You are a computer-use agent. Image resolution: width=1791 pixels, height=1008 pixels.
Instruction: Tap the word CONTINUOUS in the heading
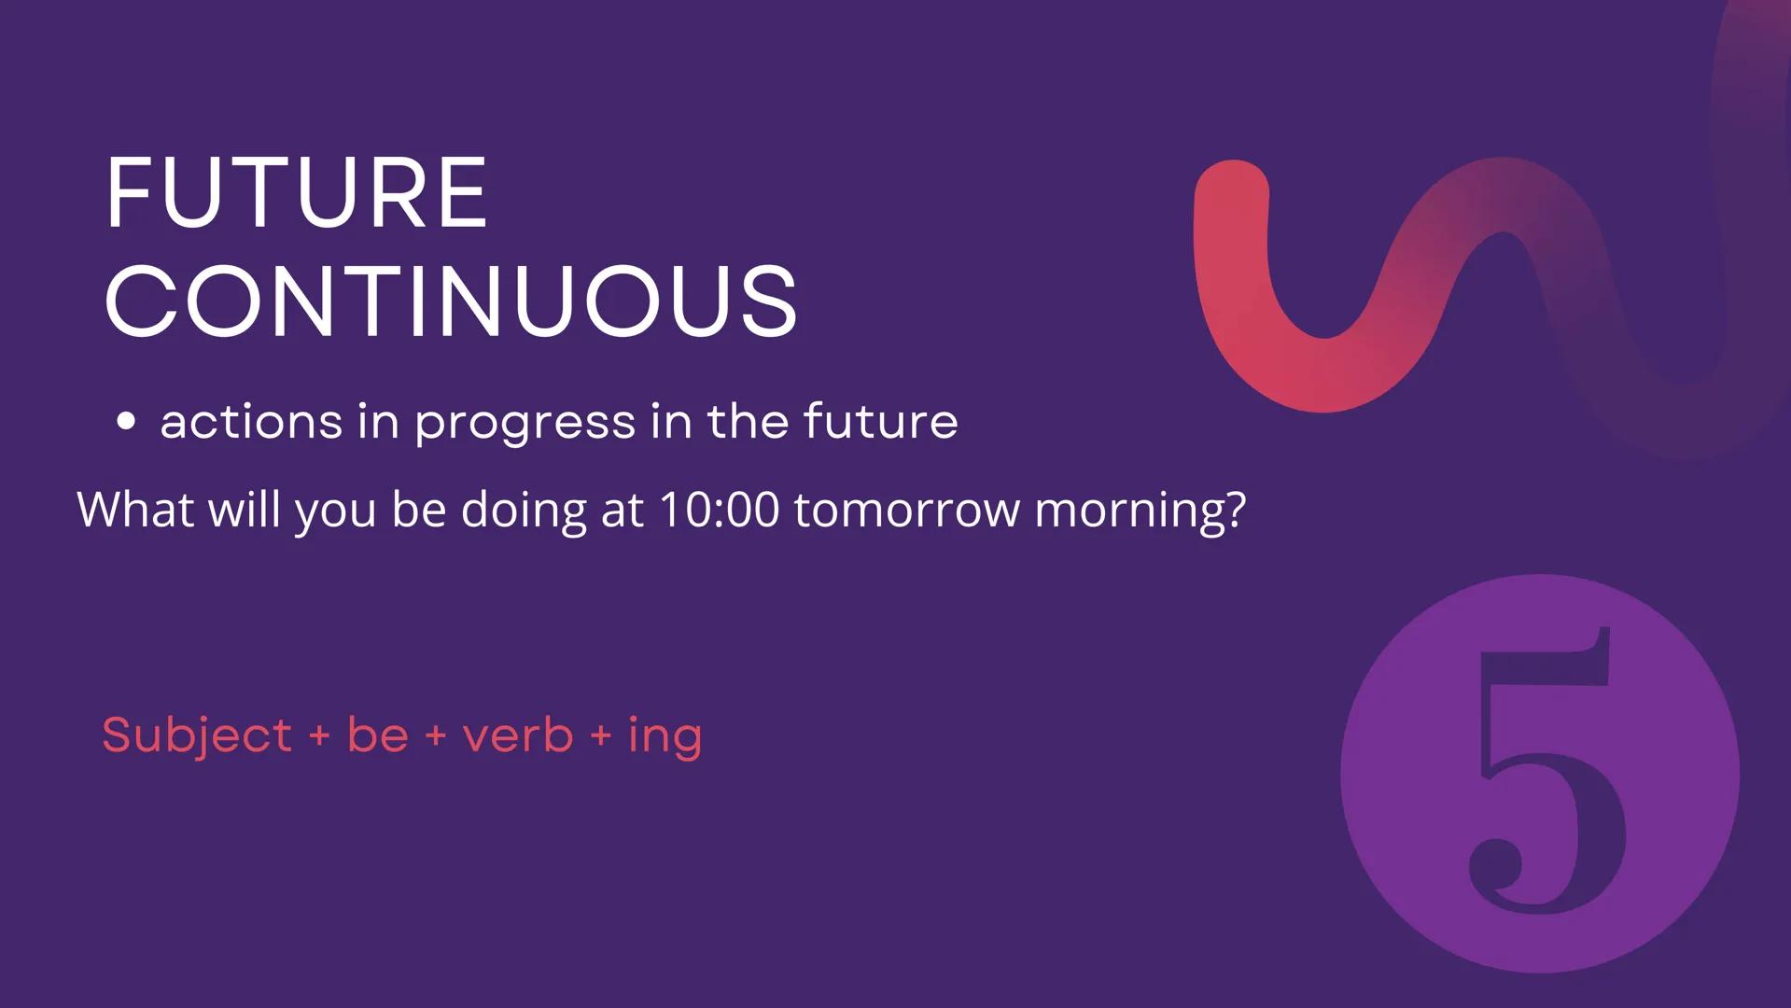pyautogui.click(x=451, y=301)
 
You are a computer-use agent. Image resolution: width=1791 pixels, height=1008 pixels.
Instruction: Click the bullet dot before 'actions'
pyautogui.click(x=126, y=422)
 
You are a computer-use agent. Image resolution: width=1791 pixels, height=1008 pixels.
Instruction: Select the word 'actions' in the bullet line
pyautogui.click(x=251, y=422)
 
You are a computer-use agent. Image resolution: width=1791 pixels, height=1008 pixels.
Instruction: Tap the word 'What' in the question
pyautogui.click(x=135, y=510)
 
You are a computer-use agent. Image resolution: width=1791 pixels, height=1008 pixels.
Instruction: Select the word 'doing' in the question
pyautogui.click(x=523, y=511)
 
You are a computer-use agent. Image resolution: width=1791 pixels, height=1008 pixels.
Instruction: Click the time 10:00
pyautogui.click(x=718, y=511)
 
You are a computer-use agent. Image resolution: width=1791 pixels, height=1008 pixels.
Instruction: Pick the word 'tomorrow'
pyautogui.click(x=906, y=511)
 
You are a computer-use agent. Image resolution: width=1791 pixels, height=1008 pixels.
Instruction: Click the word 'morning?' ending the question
pyautogui.click(x=1140, y=511)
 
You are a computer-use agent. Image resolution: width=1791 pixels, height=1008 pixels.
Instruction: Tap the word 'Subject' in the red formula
pyautogui.click(x=197, y=735)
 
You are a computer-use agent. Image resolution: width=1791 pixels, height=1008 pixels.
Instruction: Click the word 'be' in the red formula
pyautogui.click(x=378, y=735)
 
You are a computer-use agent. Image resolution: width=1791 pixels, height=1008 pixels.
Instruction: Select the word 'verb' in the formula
pyautogui.click(x=518, y=735)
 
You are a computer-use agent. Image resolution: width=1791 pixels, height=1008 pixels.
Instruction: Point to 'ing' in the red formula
pyautogui.click(x=665, y=737)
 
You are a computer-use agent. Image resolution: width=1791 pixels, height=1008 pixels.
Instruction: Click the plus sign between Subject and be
pyautogui.click(x=319, y=735)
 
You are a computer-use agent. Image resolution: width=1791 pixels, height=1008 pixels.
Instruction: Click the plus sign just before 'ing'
pyautogui.click(x=601, y=735)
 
